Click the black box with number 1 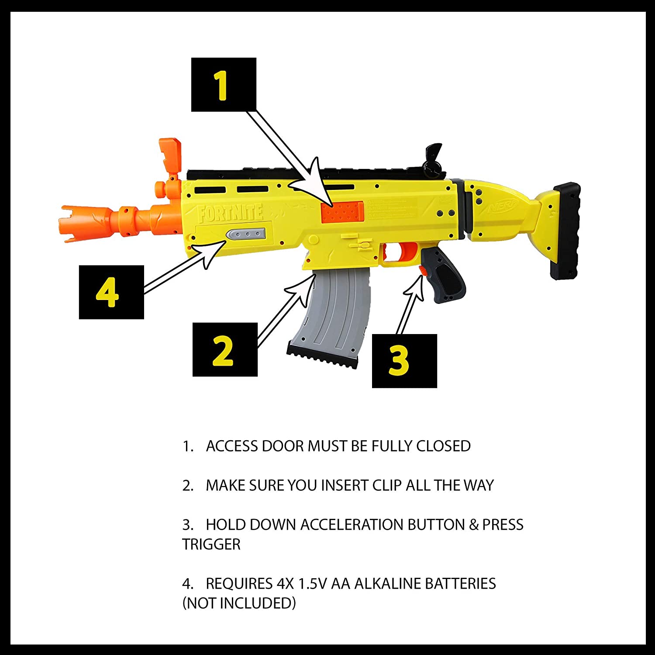(224, 85)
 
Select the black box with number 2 (225, 350)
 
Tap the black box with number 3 (404, 361)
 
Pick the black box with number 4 (111, 292)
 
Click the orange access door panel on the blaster (342, 212)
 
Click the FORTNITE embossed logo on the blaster (230, 214)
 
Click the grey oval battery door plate (246, 234)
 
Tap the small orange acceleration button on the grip (423, 271)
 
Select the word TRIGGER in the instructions (211, 545)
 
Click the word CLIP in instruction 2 (387, 485)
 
